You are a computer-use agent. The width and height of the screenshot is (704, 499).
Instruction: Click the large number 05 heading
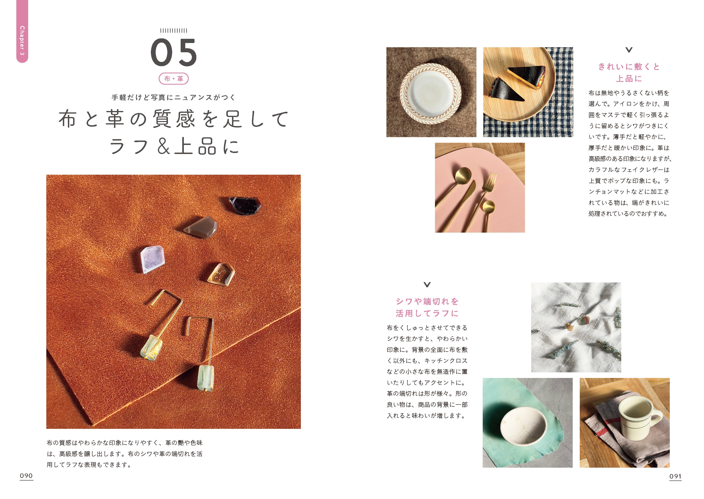[x=174, y=52]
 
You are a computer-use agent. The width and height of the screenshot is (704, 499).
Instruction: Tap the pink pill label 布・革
[x=174, y=79]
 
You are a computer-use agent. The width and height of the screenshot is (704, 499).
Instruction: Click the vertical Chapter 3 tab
[x=22, y=31]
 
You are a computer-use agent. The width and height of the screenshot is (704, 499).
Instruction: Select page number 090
[x=26, y=476]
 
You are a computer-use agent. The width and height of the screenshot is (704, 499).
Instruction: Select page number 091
[x=675, y=476]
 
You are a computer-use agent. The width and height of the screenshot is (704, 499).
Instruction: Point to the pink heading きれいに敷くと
[x=629, y=67]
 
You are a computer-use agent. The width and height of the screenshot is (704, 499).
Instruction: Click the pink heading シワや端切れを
[x=427, y=301]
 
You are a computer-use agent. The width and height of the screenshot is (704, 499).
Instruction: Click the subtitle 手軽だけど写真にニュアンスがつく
[x=174, y=97]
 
